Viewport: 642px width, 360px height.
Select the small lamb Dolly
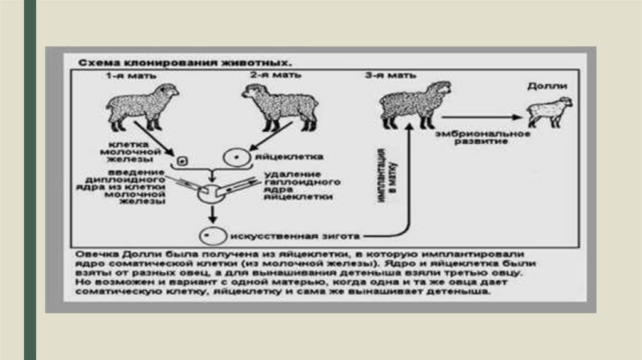pos(549,111)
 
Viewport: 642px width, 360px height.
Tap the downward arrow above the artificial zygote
pos(213,214)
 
